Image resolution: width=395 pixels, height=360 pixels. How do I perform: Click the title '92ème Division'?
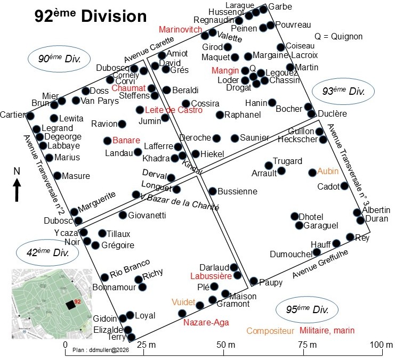pyautogui.click(x=91, y=16)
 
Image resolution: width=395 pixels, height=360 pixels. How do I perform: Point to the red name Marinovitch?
pyautogui.click(x=181, y=29)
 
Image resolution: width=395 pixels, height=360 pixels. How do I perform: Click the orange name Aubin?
pyautogui.click(x=328, y=171)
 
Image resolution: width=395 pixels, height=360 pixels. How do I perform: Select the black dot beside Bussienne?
pyautogui.click(x=213, y=191)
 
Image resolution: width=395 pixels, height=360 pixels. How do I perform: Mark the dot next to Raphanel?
pyautogui.click(x=220, y=114)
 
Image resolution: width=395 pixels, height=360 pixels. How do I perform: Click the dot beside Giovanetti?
pyautogui.click(x=123, y=215)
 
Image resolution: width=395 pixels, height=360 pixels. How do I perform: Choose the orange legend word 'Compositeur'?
pyautogui.click(x=270, y=331)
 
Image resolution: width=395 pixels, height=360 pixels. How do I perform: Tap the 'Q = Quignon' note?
pyautogui.click(x=338, y=37)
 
